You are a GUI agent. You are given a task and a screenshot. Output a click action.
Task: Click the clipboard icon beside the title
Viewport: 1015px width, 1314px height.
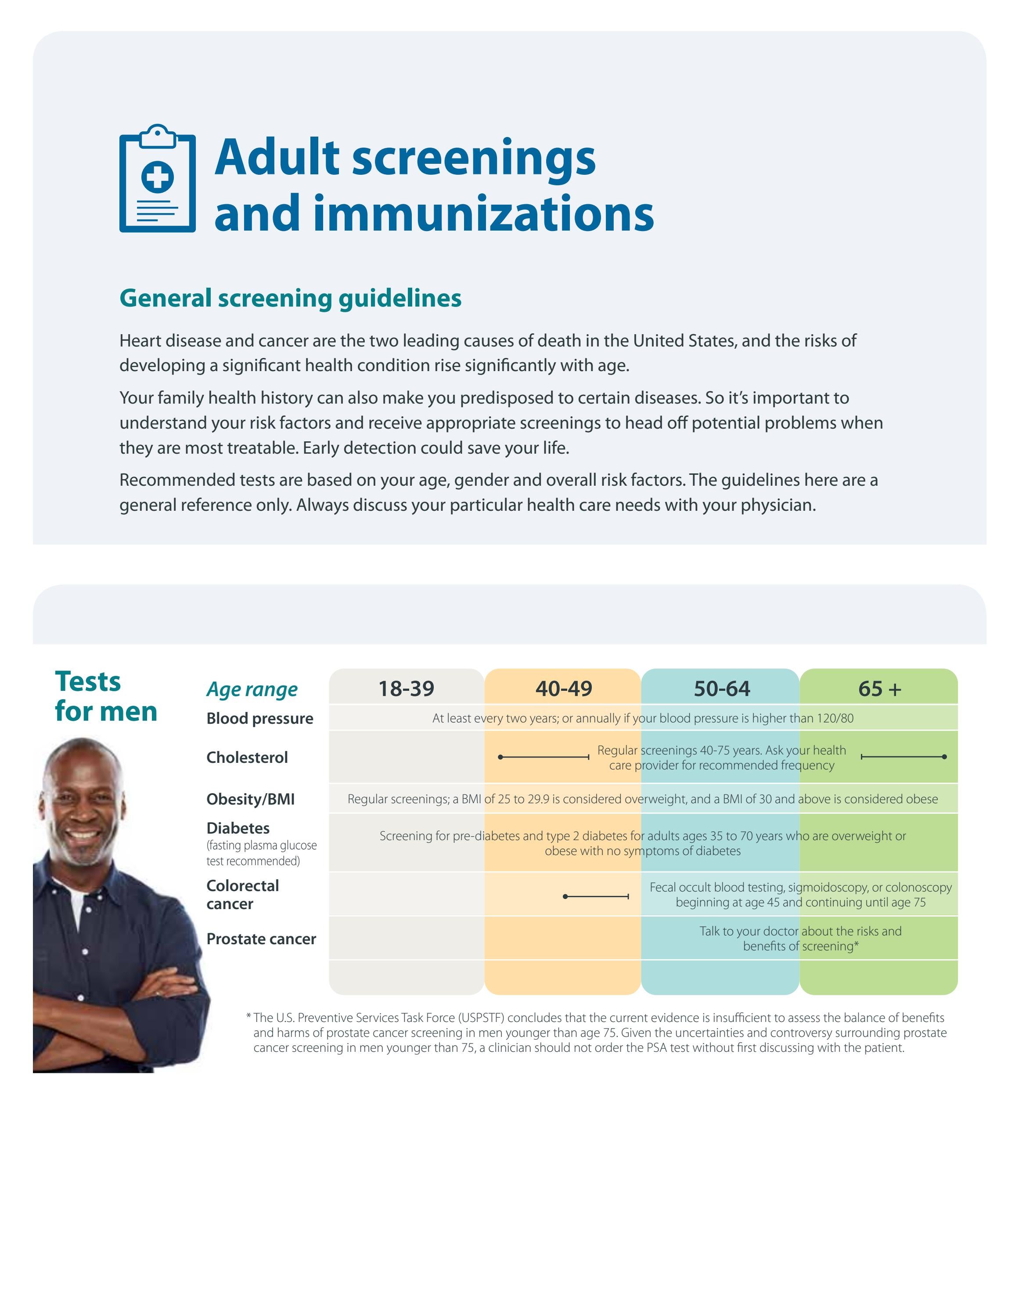pos(158,179)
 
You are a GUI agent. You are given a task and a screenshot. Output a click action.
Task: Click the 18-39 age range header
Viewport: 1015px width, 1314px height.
pos(406,688)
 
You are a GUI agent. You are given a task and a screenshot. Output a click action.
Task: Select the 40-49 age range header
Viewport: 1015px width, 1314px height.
pos(563,688)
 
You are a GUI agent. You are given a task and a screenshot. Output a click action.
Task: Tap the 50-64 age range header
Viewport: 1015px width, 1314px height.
pos(722,688)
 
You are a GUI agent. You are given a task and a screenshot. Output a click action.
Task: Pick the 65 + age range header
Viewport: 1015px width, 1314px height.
pos(879,688)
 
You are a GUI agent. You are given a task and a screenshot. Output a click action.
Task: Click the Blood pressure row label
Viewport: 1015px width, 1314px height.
pos(260,718)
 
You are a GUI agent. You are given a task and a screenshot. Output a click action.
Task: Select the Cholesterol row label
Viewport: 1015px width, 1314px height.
pos(247,758)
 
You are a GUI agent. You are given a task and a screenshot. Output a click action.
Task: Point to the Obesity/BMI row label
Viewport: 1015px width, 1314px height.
pos(251,799)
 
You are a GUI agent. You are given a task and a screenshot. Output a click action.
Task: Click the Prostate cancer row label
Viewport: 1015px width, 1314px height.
pos(261,939)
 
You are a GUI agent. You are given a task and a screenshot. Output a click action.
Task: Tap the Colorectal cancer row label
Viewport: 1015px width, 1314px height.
pos(242,895)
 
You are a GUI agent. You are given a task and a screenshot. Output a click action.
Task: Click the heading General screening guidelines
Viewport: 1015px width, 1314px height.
pos(291,298)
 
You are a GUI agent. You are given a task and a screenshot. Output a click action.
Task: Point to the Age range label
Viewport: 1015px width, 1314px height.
pos(252,689)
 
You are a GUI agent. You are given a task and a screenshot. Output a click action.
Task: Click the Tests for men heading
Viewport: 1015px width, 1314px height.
pos(106,697)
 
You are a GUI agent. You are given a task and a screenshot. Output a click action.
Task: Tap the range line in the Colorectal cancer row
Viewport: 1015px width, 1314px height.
pos(597,896)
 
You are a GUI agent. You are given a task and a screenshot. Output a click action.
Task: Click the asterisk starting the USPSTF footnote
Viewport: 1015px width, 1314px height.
pos(248,1017)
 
